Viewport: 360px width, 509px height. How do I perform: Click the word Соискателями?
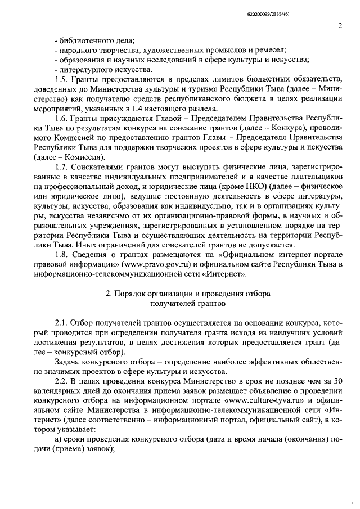[x=99, y=167]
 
